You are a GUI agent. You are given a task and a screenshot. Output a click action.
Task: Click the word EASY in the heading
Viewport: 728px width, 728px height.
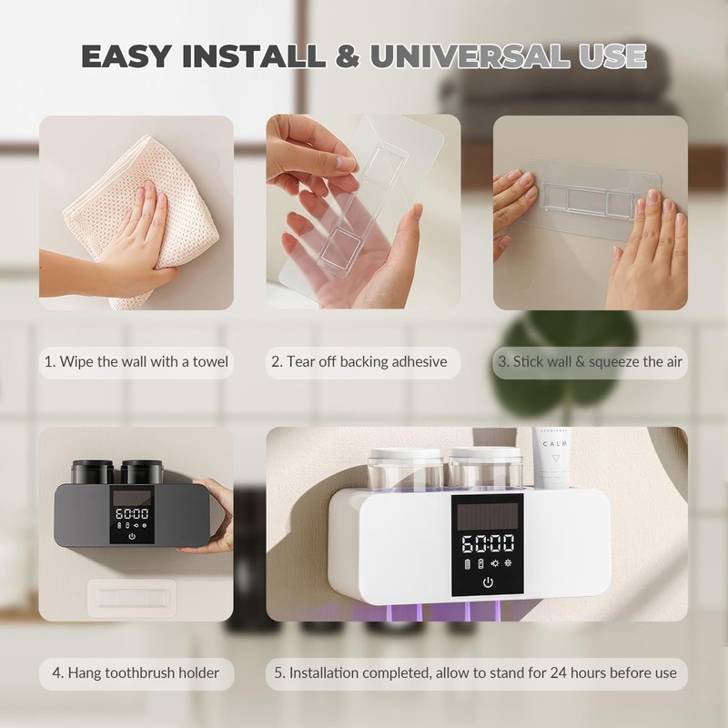(126, 56)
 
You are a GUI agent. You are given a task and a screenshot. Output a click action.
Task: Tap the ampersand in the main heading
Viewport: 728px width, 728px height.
(348, 56)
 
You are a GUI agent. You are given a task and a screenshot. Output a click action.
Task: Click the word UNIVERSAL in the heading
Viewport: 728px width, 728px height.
(470, 56)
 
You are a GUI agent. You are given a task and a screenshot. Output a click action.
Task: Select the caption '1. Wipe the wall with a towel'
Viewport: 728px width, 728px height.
(136, 361)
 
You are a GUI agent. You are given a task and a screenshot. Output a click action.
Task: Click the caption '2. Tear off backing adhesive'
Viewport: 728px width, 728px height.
(359, 361)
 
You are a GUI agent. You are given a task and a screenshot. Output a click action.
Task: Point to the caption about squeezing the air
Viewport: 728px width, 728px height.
(590, 361)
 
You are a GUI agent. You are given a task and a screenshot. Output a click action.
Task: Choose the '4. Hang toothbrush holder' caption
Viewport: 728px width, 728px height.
(136, 672)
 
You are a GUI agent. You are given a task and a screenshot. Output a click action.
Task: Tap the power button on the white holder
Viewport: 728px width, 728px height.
(488, 582)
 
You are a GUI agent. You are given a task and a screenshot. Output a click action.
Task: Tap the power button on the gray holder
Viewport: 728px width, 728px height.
(132, 536)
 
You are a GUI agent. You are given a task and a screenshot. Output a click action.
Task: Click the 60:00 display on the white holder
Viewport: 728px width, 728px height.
(488, 543)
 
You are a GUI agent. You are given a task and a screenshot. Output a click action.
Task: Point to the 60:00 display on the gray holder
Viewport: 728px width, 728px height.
(132, 513)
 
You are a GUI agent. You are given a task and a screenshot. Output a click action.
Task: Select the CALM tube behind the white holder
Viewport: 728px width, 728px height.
(551, 458)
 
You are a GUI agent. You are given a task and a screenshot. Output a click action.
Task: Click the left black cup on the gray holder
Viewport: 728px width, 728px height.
(93, 471)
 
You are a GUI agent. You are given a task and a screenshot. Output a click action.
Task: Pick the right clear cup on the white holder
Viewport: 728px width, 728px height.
(486, 468)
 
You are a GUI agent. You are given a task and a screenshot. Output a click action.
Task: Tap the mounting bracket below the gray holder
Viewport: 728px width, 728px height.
(132, 598)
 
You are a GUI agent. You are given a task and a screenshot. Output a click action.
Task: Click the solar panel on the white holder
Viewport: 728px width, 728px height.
(488, 516)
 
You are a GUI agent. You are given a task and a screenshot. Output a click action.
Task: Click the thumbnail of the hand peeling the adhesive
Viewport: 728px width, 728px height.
(363, 212)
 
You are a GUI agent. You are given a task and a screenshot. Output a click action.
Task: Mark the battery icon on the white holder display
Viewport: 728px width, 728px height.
(468, 563)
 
